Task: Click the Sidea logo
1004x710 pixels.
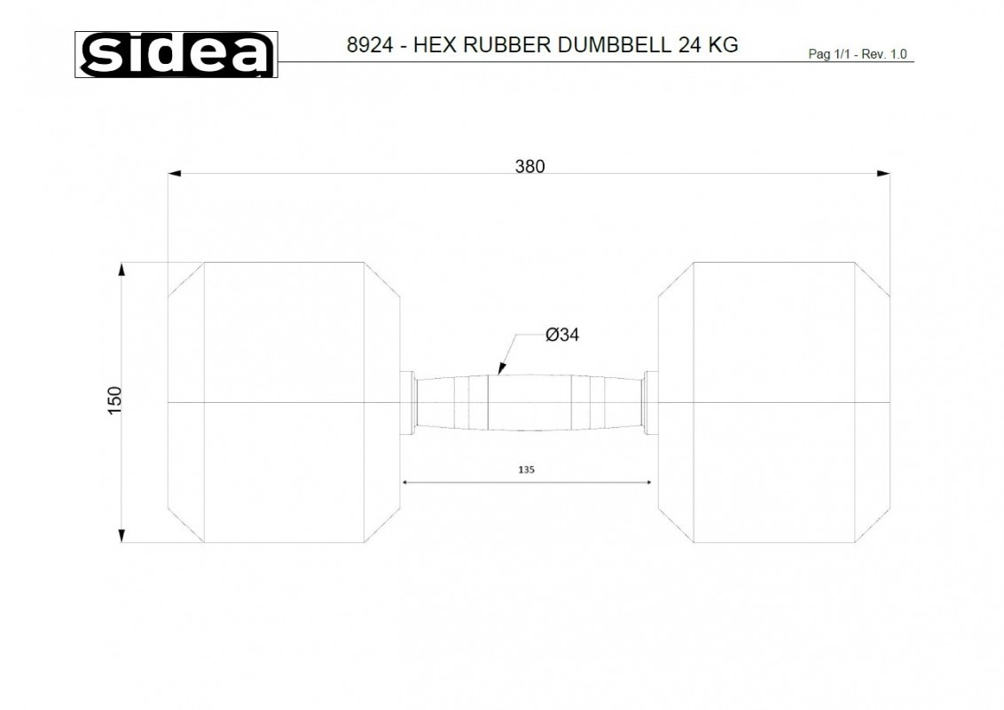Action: pyautogui.click(x=176, y=54)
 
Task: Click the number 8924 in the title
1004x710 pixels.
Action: pyautogui.click(x=370, y=45)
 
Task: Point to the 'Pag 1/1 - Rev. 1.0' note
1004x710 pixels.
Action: pyautogui.click(x=858, y=54)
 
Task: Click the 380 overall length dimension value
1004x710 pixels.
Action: pyautogui.click(x=529, y=167)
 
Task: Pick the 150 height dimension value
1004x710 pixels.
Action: pyautogui.click(x=114, y=400)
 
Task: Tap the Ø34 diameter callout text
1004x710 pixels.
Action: pyautogui.click(x=562, y=335)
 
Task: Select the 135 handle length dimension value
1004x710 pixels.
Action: pyautogui.click(x=526, y=469)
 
